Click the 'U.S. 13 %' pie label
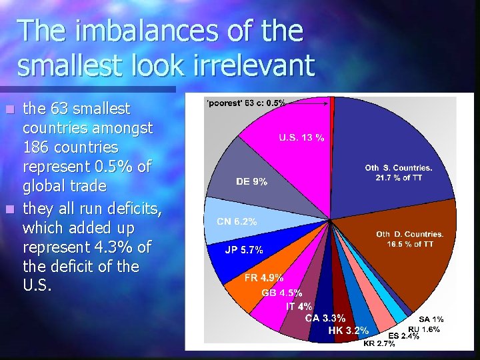click(302, 138)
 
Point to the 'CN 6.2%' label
click(237, 221)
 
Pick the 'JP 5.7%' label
click(243, 250)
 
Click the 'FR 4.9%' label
click(263, 278)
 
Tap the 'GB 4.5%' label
click(282, 293)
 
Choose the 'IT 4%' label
click(299, 306)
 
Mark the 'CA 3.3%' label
click(325, 318)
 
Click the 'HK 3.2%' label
click(348, 330)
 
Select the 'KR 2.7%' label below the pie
click(379, 344)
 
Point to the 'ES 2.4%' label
click(404, 335)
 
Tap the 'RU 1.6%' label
click(423, 329)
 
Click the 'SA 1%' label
click(431, 319)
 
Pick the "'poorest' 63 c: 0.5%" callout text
click(247, 103)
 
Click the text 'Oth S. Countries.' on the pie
click(399, 167)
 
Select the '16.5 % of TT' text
click(410, 244)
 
